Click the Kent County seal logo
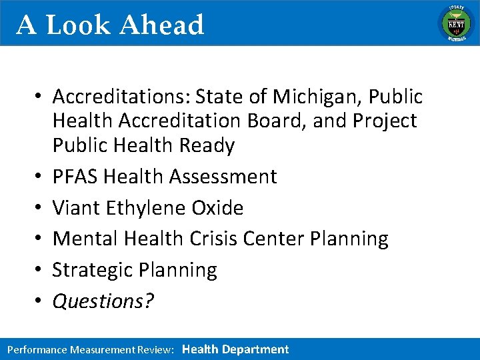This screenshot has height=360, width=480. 455,23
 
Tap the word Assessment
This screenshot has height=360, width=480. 223,177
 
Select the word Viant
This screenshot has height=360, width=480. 77,207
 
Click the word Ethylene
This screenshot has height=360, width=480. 148,207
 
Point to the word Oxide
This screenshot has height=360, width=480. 217,207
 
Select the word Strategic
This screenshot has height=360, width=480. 92,270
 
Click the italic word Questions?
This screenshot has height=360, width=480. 103,301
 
